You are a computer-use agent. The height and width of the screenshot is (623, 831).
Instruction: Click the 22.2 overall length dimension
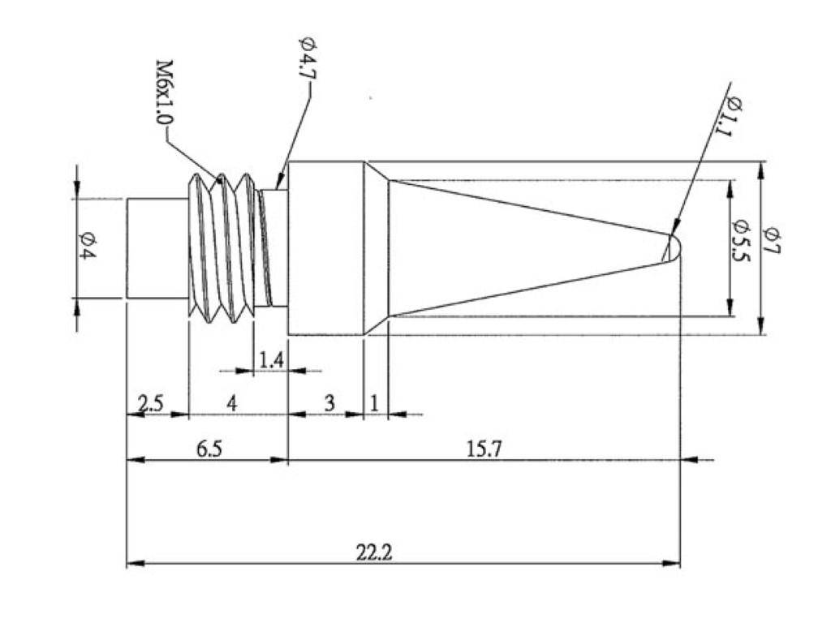(x=374, y=552)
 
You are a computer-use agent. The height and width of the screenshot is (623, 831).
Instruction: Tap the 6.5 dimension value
(x=209, y=449)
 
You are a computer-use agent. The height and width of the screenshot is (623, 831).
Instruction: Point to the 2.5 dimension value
(x=151, y=403)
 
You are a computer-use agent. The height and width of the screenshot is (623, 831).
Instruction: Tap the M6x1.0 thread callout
(x=164, y=91)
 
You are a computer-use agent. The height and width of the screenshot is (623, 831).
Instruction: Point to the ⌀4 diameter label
(x=87, y=247)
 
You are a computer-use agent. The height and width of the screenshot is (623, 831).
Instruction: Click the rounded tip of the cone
(x=674, y=247)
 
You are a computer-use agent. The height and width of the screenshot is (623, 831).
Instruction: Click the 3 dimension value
(x=329, y=403)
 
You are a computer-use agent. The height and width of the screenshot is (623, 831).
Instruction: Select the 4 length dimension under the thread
(x=232, y=403)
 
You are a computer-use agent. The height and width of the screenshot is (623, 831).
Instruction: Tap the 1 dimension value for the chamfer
(x=375, y=403)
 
